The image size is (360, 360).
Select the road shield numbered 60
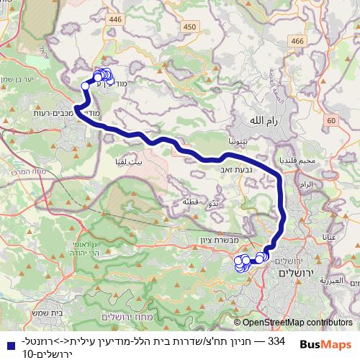click(x=330, y=120)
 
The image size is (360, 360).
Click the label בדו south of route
click(x=212, y=204)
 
